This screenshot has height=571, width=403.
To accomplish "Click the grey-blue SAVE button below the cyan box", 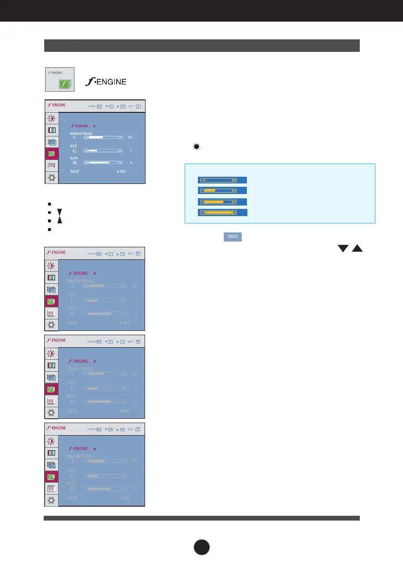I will click(x=232, y=237).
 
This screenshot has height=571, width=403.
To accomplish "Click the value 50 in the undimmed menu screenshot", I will click(x=130, y=137).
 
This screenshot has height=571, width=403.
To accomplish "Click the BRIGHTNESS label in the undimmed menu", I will click(x=81, y=133).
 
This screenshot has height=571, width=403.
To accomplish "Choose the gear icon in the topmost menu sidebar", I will click(x=51, y=178).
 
